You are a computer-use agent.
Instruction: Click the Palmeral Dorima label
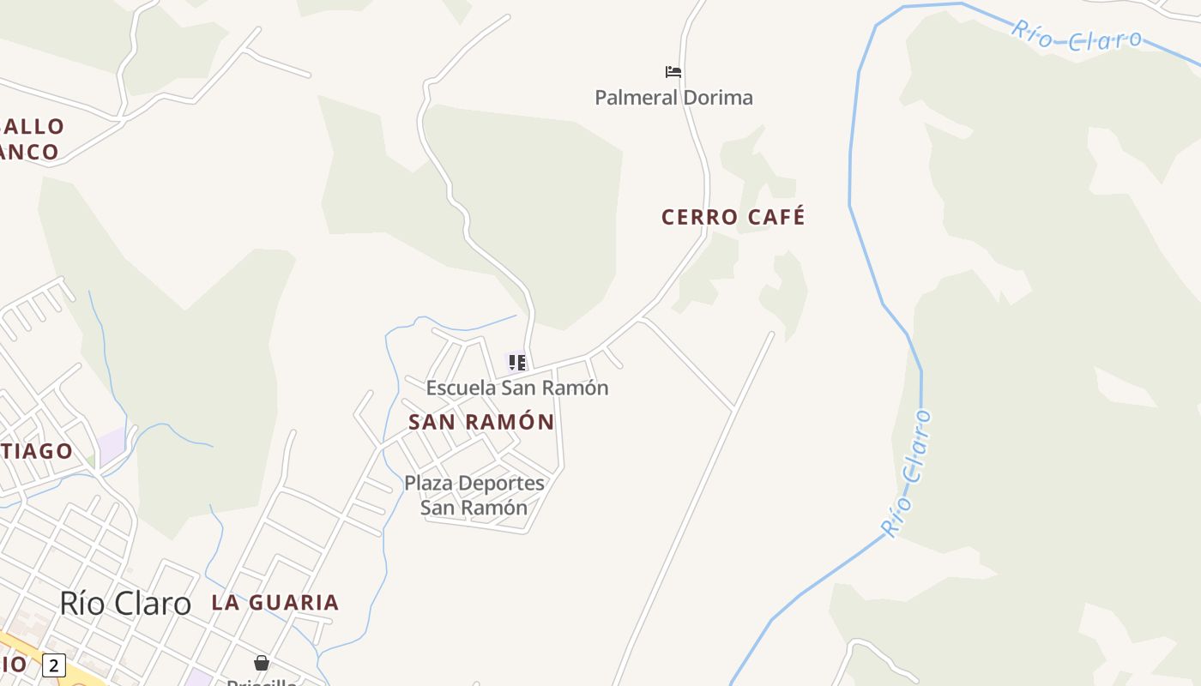[673, 98]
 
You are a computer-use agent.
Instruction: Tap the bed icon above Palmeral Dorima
[673, 71]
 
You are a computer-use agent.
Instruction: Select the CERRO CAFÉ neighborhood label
[733, 217]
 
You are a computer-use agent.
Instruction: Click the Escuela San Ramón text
[517, 388]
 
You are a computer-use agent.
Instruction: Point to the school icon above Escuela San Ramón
[517, 363]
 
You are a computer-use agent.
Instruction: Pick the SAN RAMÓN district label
[481, 422]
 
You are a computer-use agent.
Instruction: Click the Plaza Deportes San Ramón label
[474, 495]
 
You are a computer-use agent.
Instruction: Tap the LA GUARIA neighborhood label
[275, 602]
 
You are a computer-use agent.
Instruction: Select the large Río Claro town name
[125, 603]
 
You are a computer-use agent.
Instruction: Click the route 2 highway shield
[54, 665]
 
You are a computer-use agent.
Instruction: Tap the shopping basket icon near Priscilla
[262, 663]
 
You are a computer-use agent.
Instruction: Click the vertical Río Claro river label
[908, 473]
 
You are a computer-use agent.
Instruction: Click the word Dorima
[718, 98]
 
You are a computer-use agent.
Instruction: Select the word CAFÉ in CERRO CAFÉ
[776, 217]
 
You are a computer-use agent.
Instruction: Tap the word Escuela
[461, 388]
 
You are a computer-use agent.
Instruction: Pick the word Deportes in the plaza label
[501, 483]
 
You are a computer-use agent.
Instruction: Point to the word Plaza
[428, 483]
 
